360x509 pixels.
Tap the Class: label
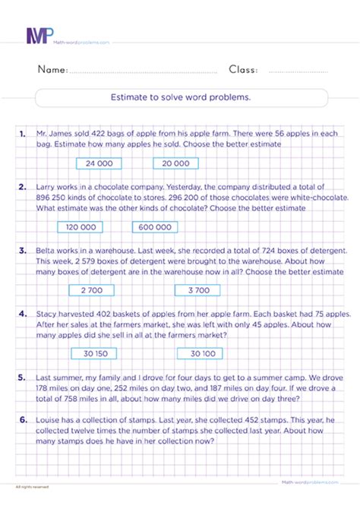243,70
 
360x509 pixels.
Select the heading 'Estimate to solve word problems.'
182,98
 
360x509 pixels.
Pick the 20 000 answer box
175,163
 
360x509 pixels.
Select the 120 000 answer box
81,226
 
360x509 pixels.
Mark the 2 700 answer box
91,289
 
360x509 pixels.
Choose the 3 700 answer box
197,289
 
